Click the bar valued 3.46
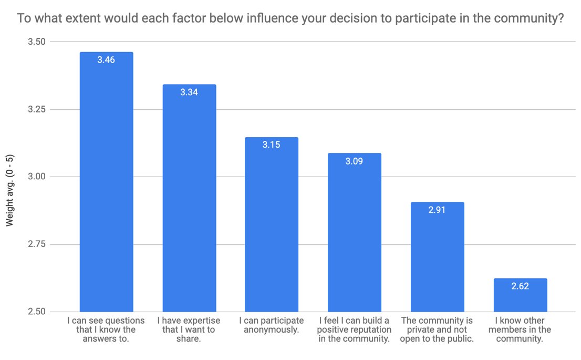[106, 182]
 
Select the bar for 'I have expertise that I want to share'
[189, 198]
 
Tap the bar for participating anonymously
[272, 224]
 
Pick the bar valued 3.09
[355, 232]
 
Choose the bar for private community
[437, 257]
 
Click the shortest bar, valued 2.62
[520, 295]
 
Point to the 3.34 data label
[189, 92]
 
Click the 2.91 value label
[437, 210]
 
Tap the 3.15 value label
[271, 145]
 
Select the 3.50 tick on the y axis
[37, 42]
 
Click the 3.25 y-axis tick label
[37, 109]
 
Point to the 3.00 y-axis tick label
[37, 177]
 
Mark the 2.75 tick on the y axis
[37, 244]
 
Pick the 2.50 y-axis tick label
[37, 312]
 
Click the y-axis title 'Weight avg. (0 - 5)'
[9, 190]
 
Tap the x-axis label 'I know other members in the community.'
[520, 330]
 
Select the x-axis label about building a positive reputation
[354, 330]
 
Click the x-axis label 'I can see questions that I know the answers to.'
[106, 330]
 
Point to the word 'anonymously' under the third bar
[271, 330]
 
